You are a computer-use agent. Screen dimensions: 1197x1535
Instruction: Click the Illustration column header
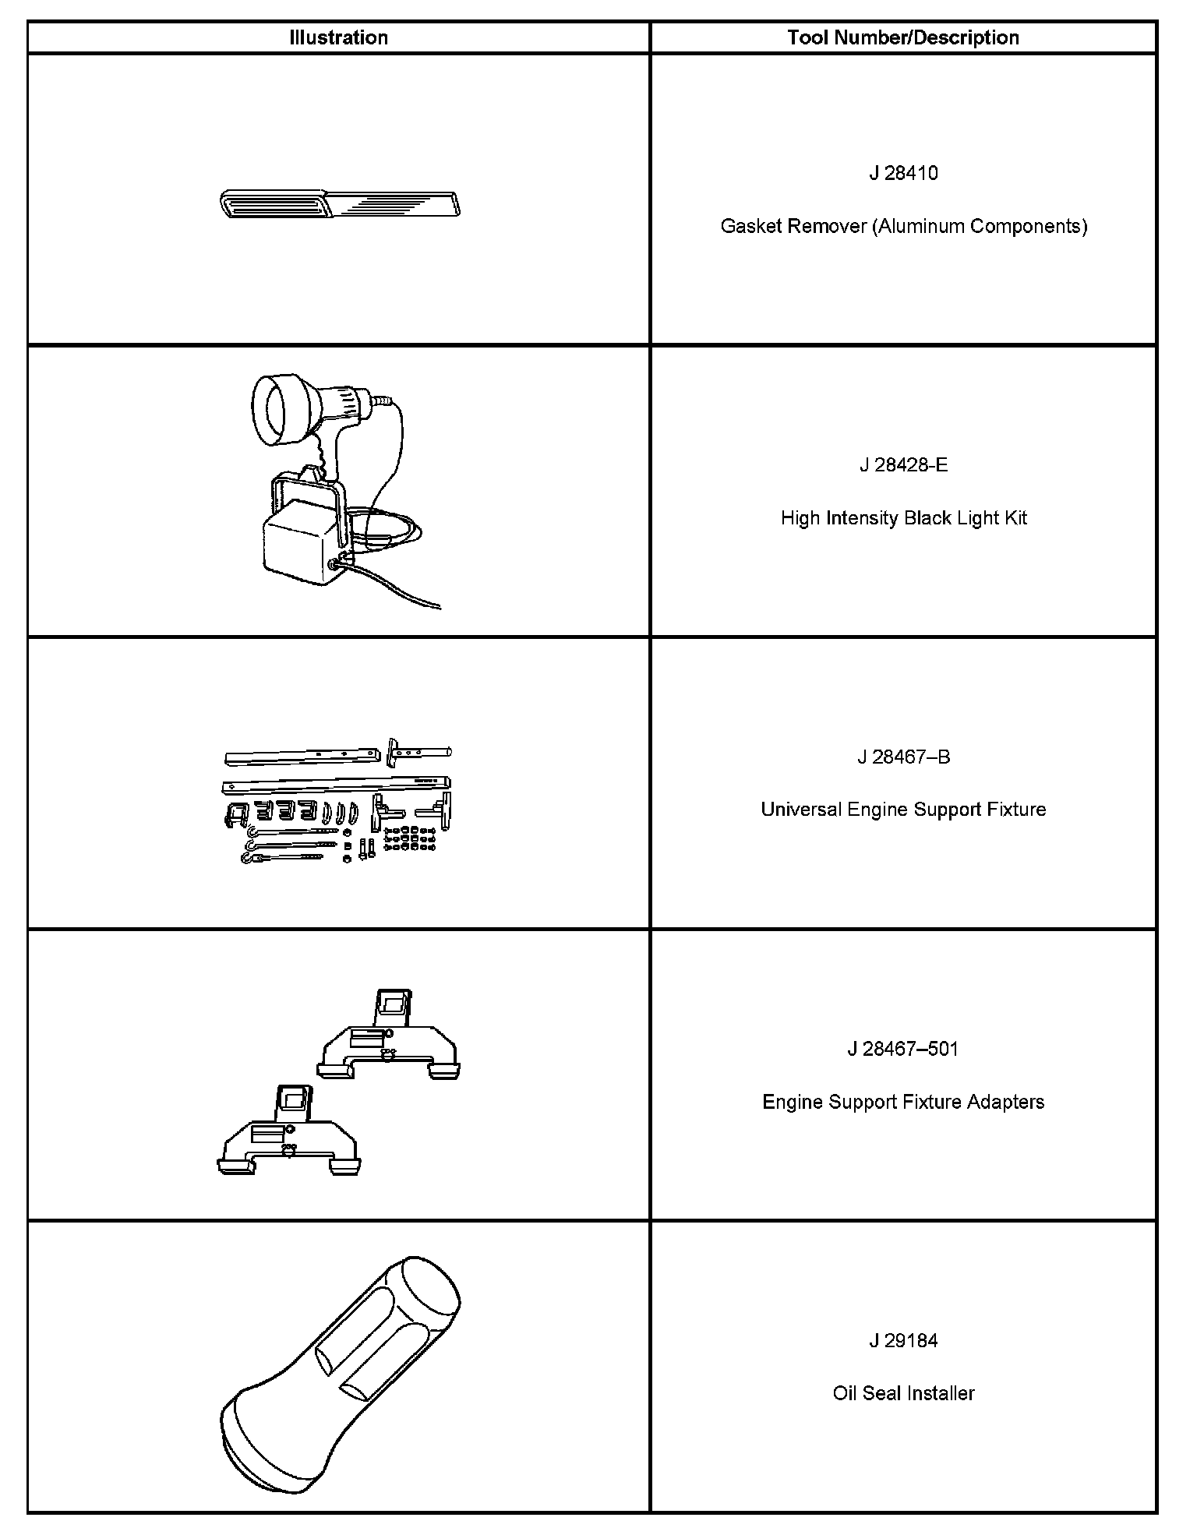338,37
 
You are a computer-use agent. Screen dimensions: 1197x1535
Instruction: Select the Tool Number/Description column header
902,37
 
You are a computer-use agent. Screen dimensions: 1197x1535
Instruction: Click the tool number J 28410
903,173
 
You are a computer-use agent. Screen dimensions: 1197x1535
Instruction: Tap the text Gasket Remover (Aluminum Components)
903,226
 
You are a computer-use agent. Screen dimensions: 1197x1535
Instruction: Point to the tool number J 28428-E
903,465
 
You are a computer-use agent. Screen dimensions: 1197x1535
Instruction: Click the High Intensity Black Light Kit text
903,518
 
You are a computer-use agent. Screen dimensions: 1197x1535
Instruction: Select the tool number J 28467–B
903,757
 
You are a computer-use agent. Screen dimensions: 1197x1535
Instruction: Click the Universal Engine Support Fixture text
903,810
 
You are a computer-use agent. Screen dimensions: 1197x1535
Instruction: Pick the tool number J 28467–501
903,1049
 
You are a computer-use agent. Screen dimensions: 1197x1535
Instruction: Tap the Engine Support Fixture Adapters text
903,1102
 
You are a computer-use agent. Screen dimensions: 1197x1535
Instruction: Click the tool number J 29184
903,1340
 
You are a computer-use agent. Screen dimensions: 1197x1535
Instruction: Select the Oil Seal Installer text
903,1393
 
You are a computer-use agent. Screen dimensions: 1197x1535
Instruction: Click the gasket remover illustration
340,203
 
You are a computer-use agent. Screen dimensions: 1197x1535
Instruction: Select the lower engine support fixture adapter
288,1134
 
